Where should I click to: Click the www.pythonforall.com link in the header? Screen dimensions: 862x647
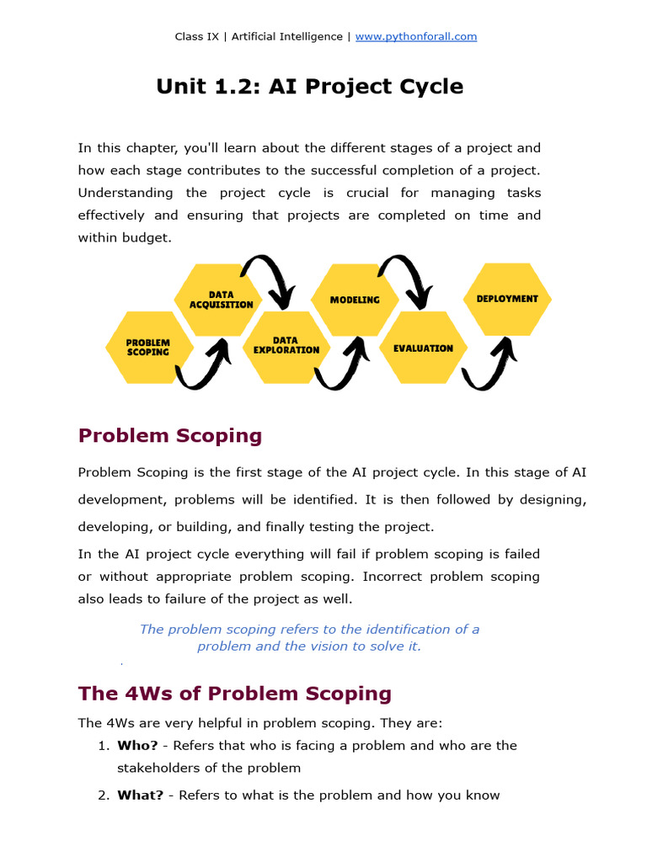tap(416, 36)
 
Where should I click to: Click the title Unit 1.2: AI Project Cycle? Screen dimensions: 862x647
tap(309, 87)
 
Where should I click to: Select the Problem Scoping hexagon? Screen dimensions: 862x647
tap(148, 347)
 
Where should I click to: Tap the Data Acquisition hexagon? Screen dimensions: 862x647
tap(220, 300)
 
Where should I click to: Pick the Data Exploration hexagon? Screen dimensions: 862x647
tap(286, 345)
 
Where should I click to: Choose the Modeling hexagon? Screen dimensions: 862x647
tap(355, 300)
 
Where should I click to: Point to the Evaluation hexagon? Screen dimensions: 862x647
tap(423, 348)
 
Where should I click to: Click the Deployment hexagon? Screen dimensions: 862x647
tap(507, 299)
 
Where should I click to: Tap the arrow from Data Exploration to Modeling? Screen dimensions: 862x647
tap(342, 366)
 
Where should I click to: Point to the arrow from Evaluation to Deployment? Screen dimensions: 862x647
tap(489, 366)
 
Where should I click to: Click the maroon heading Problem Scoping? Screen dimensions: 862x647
tap(169, 435)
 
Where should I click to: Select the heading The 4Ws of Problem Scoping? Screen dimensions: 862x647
tap(234, 694)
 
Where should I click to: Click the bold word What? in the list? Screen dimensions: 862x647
tap(140, 795)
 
